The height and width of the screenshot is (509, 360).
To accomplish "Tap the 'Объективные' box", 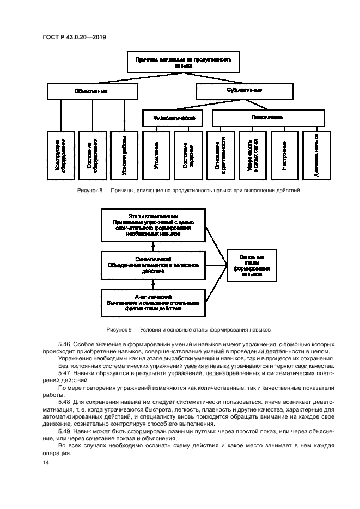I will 90,91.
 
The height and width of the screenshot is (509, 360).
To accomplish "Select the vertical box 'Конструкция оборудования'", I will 60,155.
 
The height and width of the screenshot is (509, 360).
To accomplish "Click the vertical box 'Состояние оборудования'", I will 92,155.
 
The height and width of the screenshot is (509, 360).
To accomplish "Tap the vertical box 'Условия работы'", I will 124,155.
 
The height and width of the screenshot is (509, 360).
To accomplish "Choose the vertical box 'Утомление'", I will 156,155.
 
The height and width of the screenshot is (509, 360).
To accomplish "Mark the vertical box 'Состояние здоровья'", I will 188,155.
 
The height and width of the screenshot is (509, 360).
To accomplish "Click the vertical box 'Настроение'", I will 285,155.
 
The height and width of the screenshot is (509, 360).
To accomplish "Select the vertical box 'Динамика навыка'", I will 316,155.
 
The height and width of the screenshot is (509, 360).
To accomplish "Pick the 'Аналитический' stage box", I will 153,303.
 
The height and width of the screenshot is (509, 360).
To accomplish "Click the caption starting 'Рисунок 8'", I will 180,191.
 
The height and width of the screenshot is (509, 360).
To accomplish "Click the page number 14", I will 46,463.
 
